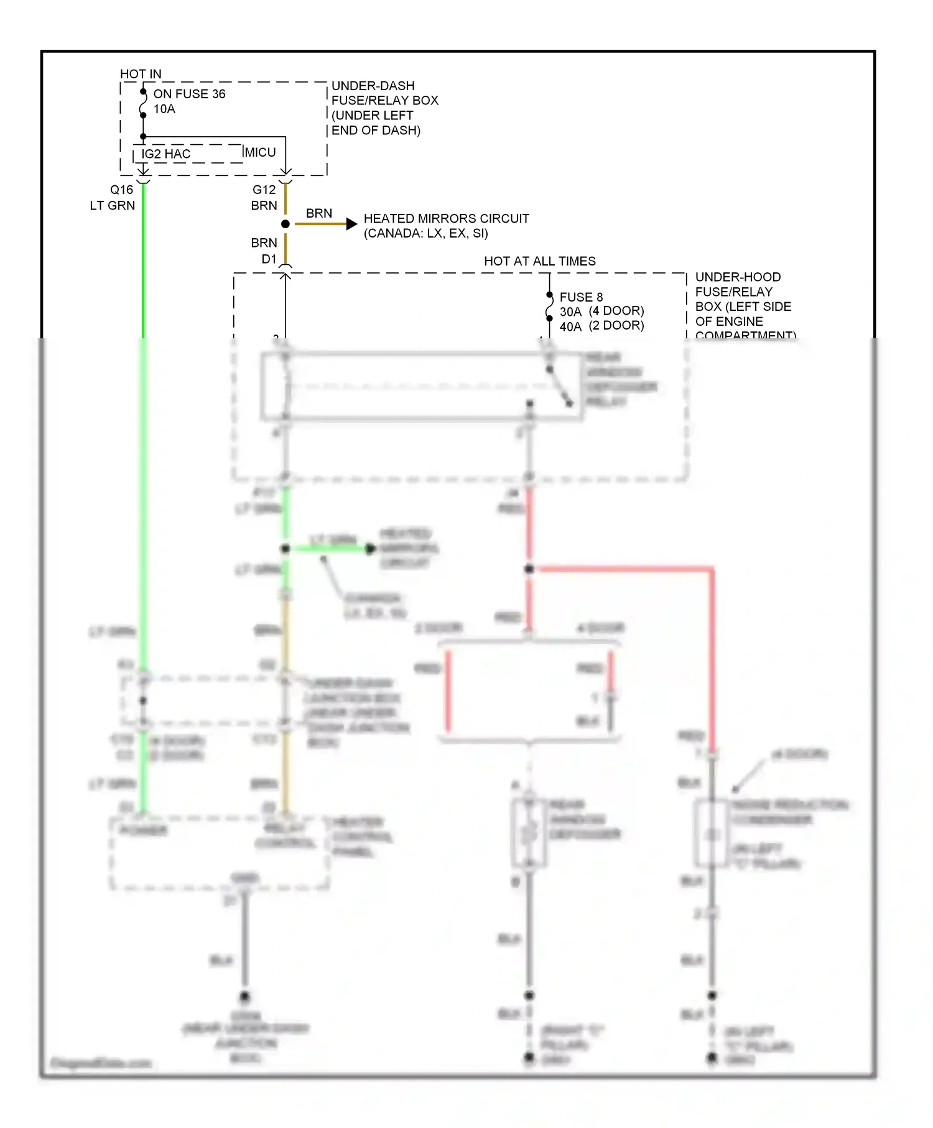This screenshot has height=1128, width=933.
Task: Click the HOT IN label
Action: [141, 74]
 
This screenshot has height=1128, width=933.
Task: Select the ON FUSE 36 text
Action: [189, 94]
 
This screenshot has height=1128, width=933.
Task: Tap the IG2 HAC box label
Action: [165, 154]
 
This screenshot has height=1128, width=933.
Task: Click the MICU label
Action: [261, 152]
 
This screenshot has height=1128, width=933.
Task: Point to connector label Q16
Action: [121, 190]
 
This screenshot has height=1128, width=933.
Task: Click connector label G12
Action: [264, 190]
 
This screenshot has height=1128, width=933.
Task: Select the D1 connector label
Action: [269, 259]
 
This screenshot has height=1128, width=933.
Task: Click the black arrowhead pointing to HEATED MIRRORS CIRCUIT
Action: [351, 223]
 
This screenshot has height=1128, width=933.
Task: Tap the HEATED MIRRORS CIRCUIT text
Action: [446, 218]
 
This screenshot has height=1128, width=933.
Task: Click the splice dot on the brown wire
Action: [285, 223]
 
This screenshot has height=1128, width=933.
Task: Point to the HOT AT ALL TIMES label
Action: [539, 261]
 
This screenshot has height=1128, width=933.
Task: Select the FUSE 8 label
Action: [581, 297]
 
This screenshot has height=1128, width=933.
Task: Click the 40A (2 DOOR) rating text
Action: [601, 326]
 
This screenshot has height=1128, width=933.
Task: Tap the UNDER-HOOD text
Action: [738, 277]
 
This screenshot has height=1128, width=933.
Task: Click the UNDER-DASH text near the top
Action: [373, 86]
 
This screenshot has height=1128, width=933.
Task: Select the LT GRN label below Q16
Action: [112, 205]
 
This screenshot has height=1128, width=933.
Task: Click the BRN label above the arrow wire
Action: [318, 213]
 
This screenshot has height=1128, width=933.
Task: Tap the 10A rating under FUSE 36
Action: [164, 109]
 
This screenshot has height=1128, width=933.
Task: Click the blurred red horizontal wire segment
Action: [622, 568]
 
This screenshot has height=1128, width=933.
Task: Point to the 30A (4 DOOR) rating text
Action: [601, 311]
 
